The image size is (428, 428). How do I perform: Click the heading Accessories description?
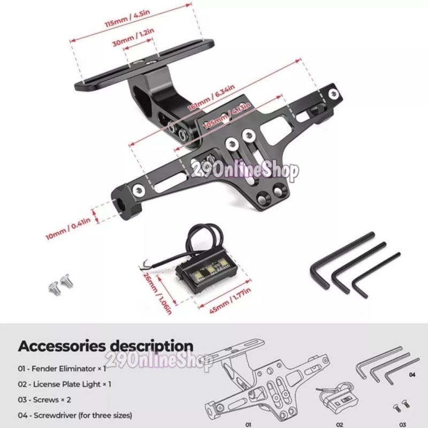(x=106, y=346)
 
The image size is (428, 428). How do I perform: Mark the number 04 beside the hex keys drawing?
(x=412, y=375)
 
